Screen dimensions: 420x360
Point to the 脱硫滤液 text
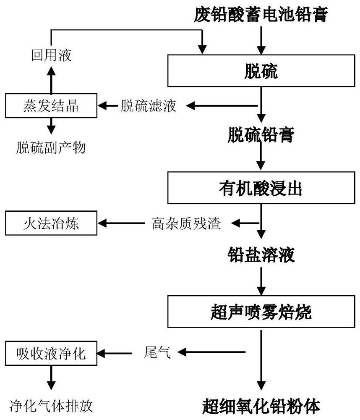pos(149,105)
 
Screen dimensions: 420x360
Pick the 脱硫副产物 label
pos(51,147)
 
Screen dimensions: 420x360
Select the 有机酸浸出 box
pos(261,188)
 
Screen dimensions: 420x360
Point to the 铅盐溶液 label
pos(261,255)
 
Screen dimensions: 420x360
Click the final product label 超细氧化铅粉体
pos(261,406)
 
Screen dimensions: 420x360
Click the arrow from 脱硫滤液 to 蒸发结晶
pos(108,105)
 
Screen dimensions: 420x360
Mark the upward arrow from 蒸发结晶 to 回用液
pos(51,80)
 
